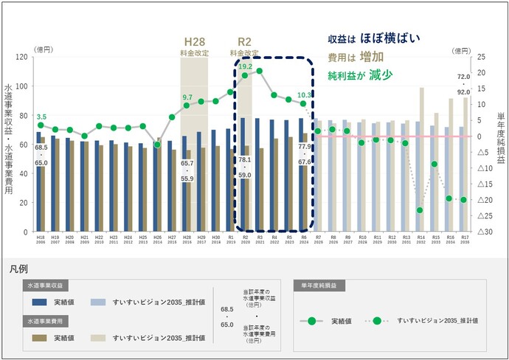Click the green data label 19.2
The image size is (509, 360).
[245, 66]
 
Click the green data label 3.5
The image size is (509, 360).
[41, 117]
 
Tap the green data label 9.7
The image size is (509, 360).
[187, 97]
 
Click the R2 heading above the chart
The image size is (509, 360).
[244, 43]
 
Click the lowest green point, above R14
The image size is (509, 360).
[420, 210]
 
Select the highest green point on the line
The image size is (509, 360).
[259, 72]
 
